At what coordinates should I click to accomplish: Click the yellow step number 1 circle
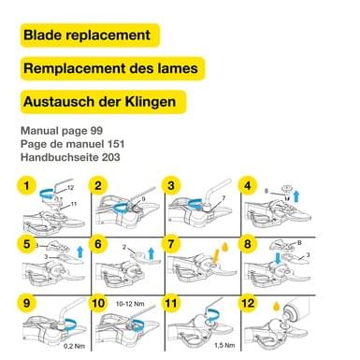coord(26,186)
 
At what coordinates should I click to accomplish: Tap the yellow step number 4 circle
coord(248,186)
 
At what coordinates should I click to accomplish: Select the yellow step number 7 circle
coord(171,244)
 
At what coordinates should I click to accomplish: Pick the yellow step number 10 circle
coord(98,303)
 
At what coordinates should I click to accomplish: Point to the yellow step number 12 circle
coord(248,303)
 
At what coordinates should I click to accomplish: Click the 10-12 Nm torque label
coord(130,304)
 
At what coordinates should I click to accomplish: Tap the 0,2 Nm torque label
coord(74,346)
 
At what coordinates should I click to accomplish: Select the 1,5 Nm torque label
coord(224,345)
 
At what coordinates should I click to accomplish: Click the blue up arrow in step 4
coord(296,196)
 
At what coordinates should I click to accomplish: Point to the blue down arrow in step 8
coord(277,258)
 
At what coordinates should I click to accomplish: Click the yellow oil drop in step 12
coord(276,306)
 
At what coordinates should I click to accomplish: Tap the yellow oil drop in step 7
coord(225,247)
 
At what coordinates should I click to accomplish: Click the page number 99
coord(96,131)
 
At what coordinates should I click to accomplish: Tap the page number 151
coord(116,144)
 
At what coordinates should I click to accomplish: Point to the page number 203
coord(110,157)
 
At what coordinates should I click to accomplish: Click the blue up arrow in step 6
coord(151,252)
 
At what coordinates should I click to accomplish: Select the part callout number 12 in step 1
coord(70,188)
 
